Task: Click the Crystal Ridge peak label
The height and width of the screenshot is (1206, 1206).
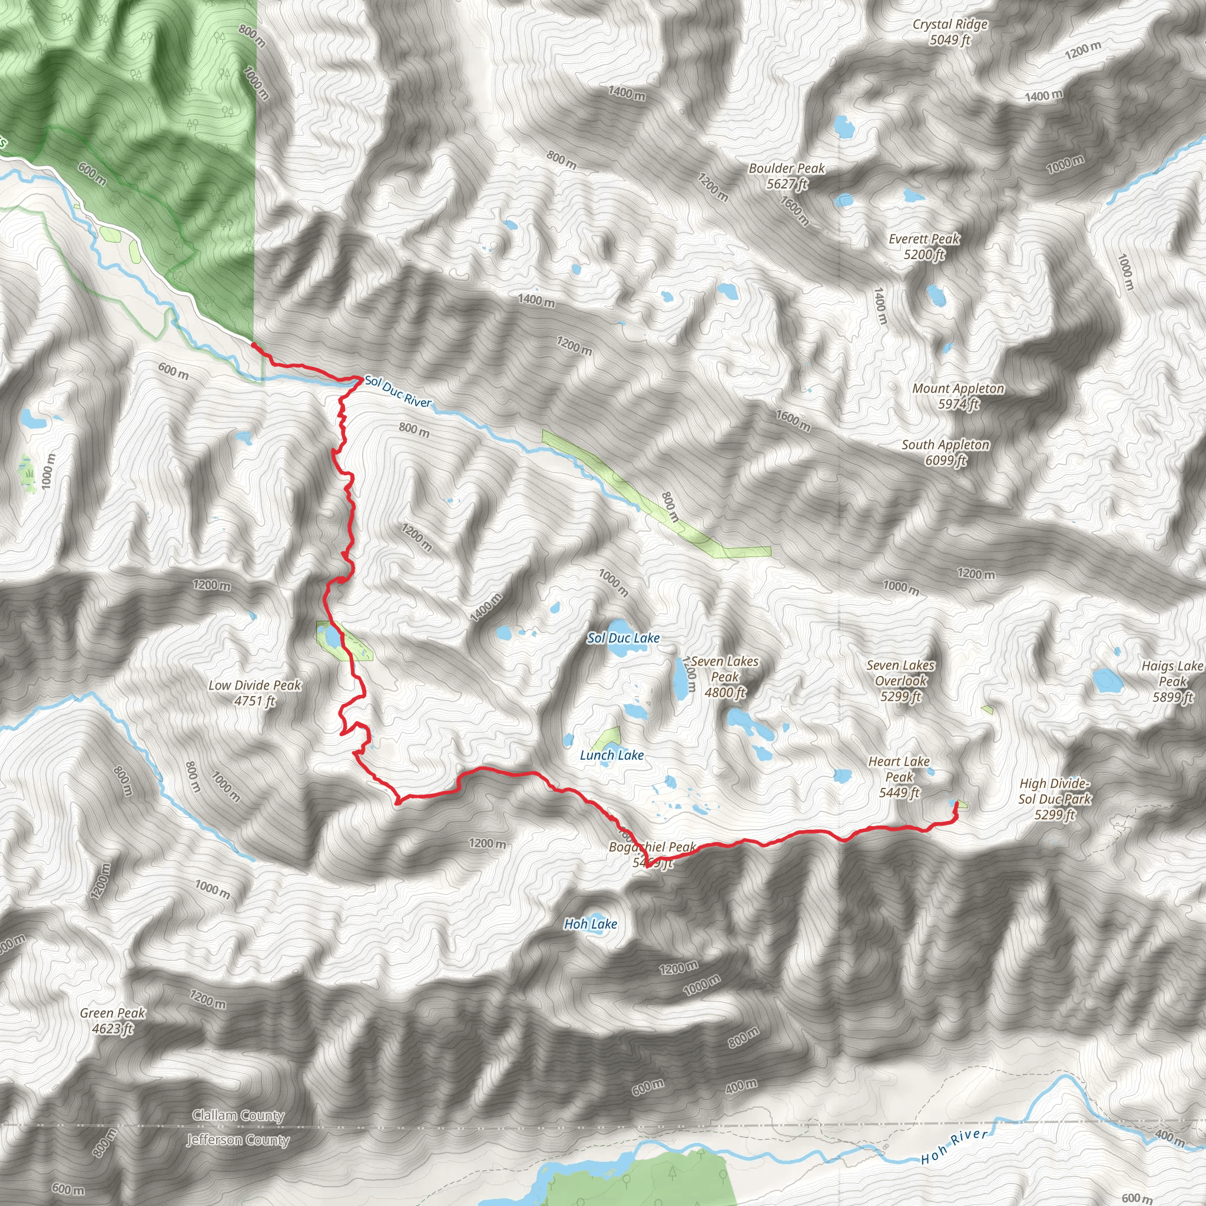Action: tap(950, 32)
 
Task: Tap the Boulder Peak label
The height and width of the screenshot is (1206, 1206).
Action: tap(787, 175)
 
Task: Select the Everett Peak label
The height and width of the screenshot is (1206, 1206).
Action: tap(924, 246)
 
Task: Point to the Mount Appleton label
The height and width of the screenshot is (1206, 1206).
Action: tap(958, 396)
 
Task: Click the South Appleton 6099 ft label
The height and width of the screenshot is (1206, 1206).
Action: tap(946, 452)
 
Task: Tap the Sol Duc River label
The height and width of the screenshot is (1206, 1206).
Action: tap(397, 392)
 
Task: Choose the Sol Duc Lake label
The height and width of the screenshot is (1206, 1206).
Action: tap(623, 638)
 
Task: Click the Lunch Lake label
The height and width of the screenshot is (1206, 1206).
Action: tap(612, 755)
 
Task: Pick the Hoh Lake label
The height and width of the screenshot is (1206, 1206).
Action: tap(591, 924)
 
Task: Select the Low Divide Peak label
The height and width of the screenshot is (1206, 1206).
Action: tap(254, 693)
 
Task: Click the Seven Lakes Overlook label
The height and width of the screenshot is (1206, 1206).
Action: tap(901, 680)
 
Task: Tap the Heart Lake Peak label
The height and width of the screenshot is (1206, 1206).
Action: tap(899, 777)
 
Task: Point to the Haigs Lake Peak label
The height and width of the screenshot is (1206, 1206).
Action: tap(1172, 681)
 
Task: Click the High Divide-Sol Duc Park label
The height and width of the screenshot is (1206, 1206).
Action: tap(1054, 799)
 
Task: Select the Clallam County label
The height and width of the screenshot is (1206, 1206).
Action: tap(238, 1115)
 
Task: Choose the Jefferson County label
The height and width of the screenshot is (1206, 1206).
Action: tap(238, 1140)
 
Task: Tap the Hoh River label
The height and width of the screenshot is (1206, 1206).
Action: tap(955, 1146)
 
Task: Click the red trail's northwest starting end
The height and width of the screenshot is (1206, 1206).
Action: tap(253, 344)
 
